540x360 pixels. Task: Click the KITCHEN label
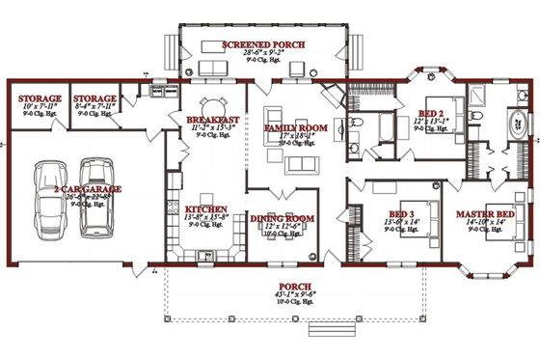point(205,209)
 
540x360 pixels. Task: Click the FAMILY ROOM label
point(297,127)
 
